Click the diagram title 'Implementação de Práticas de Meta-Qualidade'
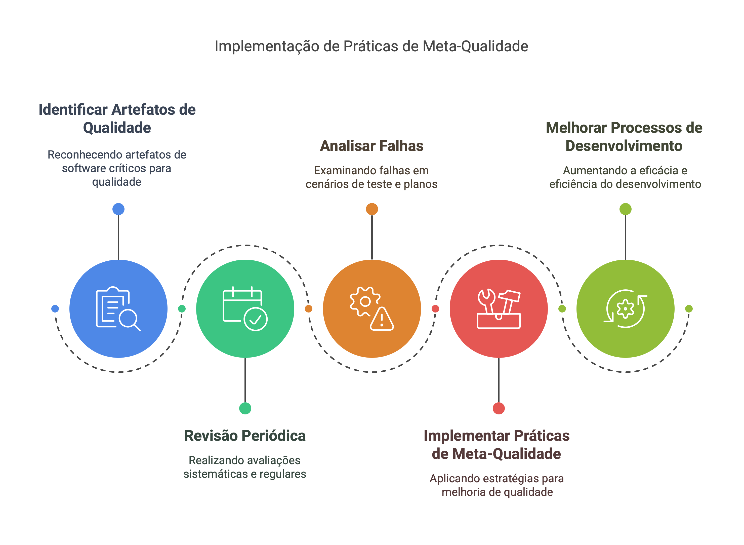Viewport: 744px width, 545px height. (x=371, y=46)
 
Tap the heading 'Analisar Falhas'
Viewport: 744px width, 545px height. (x=372, y=146)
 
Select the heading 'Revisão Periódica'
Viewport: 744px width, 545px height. (x=245, y=436)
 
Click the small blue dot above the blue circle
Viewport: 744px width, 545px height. (x=118, y=209)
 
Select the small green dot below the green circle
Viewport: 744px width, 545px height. (x=245, y=408)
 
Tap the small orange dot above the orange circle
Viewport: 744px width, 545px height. (x=372, y=209)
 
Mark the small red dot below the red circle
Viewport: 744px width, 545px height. (x=498, y=408)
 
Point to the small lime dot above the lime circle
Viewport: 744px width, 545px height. (x=625, y=209)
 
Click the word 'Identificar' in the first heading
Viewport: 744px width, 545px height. (x=73, y=109)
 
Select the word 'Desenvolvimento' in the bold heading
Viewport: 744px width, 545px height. (x=624, y=146)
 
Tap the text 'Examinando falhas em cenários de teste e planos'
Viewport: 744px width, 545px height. (x=371, y=177)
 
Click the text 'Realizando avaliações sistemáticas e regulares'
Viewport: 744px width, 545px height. (x=245, y=467)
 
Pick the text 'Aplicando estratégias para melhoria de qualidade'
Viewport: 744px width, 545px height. (x=497, y=485)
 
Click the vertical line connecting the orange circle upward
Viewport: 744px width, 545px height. (x=372, y=238)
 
